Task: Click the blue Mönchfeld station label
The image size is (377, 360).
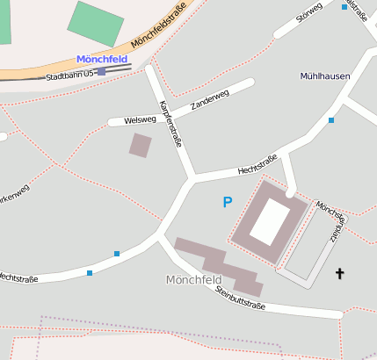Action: click(102, 60)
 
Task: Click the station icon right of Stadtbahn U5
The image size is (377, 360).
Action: click(102, 72)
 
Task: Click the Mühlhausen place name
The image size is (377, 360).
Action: click(324, 76)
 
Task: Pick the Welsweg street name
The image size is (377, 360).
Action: click(140, 119)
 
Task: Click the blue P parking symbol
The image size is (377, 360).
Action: click(227, 203)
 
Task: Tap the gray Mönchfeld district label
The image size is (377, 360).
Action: click(192, 280)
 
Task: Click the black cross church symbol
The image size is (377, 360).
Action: click(340, 275)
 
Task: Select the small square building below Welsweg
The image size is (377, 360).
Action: click(140, 145)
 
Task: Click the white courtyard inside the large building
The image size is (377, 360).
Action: click(270, 221)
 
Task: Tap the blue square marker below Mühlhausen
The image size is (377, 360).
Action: click(331, 119)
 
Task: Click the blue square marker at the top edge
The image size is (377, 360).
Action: click(344, 7)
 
